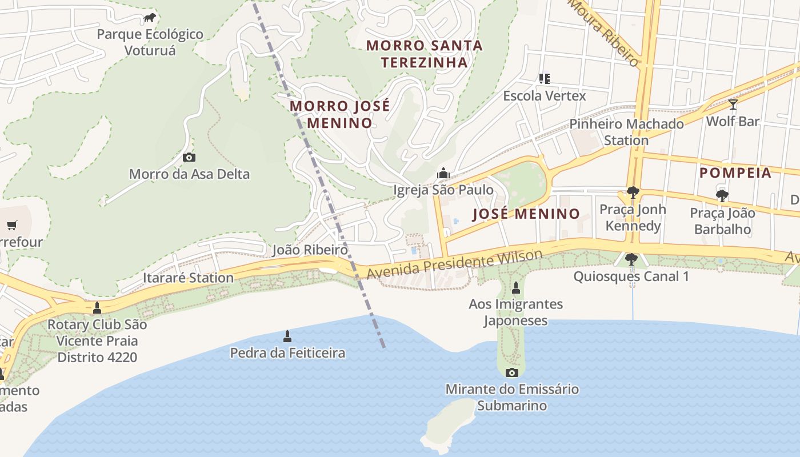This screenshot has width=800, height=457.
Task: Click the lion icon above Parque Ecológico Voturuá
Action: point(150,18)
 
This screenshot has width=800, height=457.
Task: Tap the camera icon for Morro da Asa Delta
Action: point(189,157)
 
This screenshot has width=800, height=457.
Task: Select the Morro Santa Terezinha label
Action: point(424,54)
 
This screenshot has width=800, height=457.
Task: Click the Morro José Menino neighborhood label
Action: point(340,114)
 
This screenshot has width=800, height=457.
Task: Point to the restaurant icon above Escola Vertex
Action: point(544,79)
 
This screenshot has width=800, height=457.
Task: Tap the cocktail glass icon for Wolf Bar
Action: point(733,105)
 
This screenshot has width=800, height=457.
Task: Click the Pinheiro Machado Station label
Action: point(626,132)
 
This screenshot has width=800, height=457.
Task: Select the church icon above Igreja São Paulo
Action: point(443,173)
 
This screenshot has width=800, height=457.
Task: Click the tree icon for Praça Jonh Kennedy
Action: point(633,193)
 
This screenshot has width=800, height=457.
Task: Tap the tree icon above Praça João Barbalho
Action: point(722,196)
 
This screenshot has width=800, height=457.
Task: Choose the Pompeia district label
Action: point(735,173)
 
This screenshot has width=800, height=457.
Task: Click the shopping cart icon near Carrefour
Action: point(12,226)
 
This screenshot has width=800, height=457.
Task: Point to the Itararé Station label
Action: point(188,278)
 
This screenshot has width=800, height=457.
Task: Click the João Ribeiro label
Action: point(310,250)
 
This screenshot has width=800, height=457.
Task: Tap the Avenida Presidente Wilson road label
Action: point(454,264)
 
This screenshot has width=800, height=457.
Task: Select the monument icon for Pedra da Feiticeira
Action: point(287,336)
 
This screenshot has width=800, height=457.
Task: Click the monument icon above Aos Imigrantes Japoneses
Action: point(516,287)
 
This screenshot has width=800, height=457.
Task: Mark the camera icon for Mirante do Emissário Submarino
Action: point(512,372)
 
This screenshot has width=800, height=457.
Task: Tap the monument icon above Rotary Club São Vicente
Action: point(97,308)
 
